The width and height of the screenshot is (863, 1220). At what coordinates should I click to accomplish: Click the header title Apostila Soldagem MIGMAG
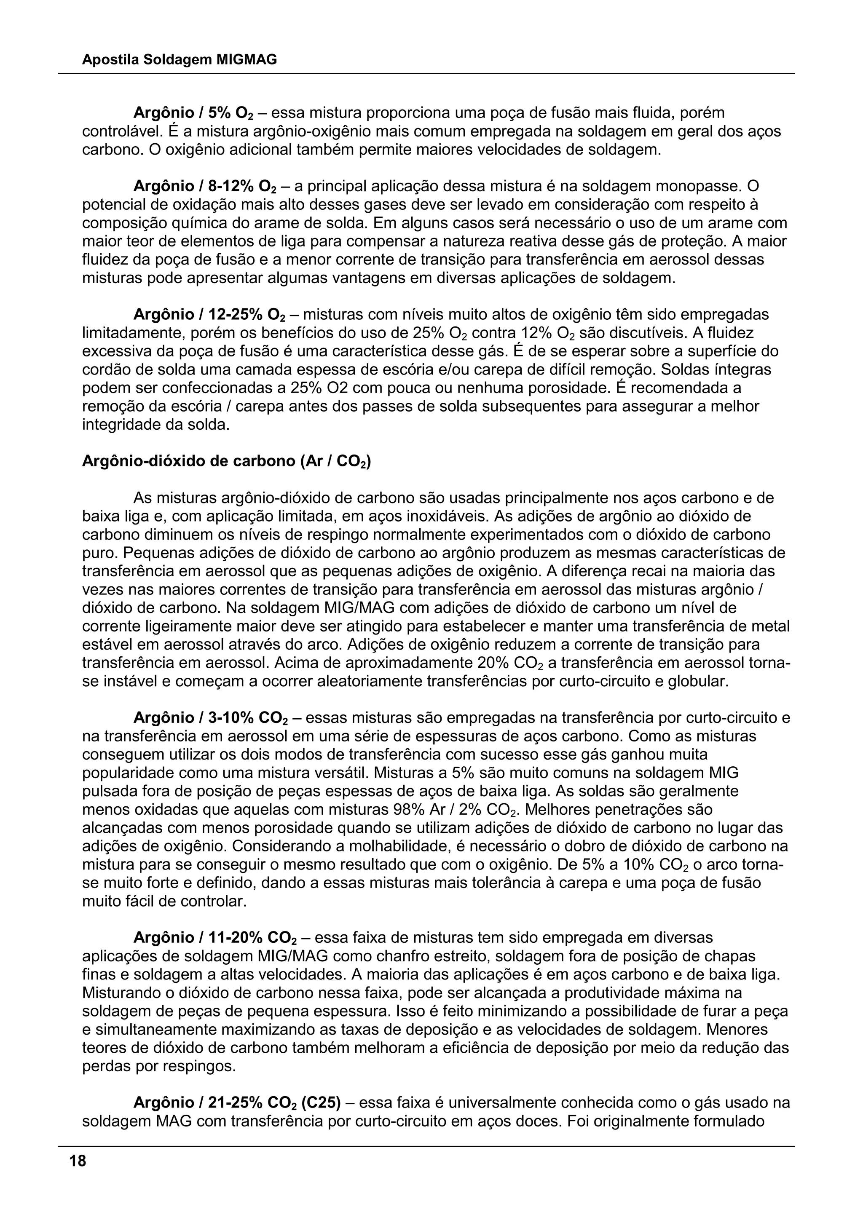tap(179, 60)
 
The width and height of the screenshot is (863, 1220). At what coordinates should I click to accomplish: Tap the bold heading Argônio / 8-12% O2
tap(205, 187)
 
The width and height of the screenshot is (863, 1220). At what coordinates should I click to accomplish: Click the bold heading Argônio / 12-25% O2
tap(209, 315)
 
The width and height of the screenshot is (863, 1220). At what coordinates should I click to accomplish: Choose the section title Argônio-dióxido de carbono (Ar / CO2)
tap(226, 461)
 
